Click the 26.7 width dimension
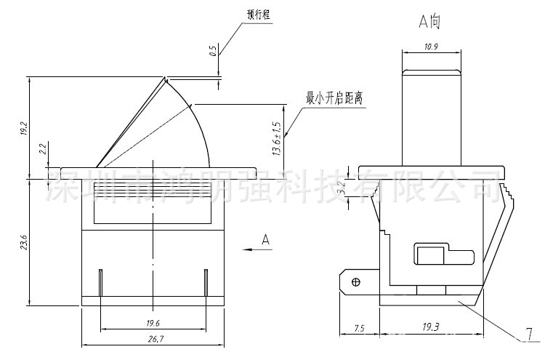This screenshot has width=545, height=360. (x=153, y=340)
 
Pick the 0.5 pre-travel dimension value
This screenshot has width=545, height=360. (x=212, y=51)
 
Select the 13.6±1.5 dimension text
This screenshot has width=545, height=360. (x=277, y=138)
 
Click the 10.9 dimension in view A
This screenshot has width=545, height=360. (x=432, y=47)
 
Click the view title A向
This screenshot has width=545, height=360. (x=429, y=23)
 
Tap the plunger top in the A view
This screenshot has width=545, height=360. (x=432, y=71)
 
